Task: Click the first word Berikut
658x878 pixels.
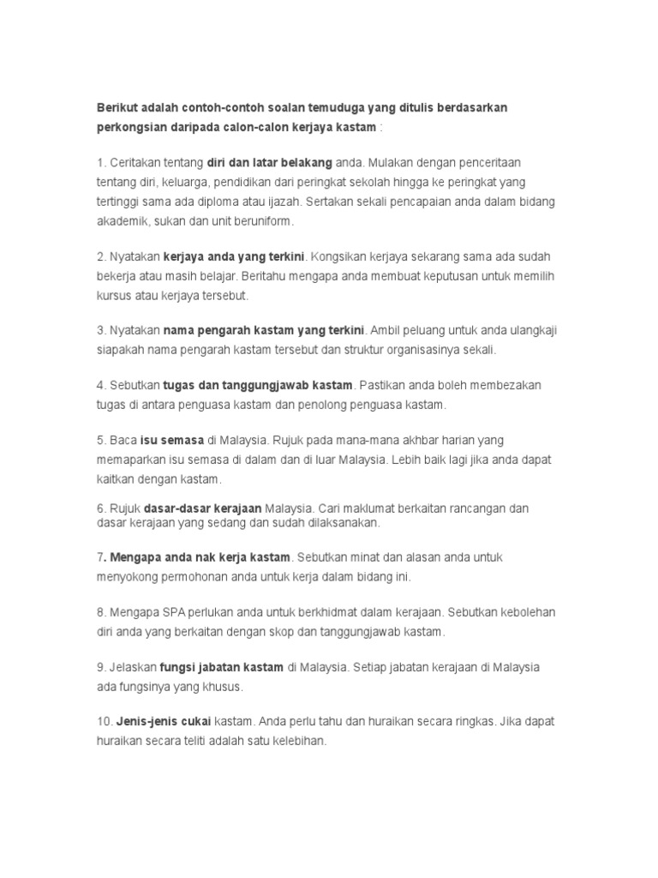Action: click(119, 107)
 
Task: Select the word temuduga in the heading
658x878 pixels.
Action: click(332, 107)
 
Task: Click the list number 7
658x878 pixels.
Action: click(100, 556)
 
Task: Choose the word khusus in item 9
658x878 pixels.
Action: click(220, 687)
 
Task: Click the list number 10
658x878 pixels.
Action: click(104, 721)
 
